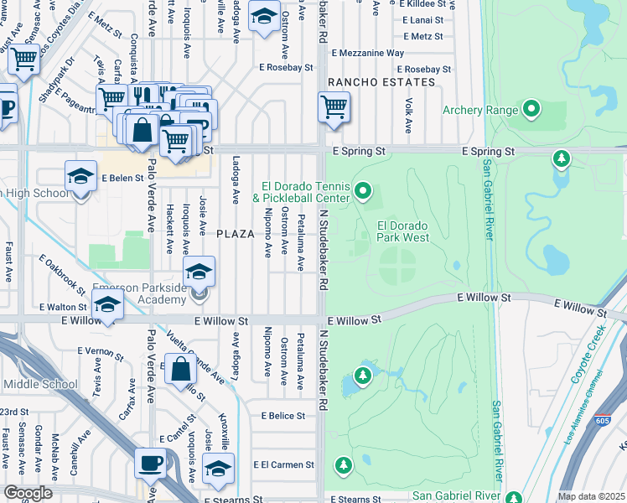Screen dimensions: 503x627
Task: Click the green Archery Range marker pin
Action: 531,109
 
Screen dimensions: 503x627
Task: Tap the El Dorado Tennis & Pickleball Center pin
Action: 363,193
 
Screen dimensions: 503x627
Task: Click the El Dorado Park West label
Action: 403,231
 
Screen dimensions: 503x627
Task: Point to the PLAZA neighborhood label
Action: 235,234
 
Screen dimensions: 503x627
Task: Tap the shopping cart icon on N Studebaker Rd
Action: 334,106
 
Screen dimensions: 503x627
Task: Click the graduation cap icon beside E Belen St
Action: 80,177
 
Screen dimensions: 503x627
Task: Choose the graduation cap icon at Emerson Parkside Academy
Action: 199,272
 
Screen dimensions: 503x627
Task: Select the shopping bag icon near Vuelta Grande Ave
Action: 181,369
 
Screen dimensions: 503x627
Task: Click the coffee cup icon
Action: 151,463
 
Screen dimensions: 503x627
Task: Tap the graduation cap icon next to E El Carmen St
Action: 218,468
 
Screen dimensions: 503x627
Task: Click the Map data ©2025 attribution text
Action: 590,496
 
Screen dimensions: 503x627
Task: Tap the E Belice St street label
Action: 283,415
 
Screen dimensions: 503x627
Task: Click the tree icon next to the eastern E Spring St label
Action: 561,158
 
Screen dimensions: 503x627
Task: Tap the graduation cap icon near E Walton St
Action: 107,308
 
